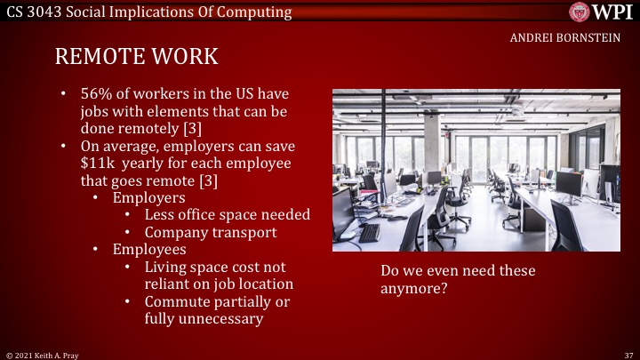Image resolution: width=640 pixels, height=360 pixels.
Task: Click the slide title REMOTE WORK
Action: coord(136,57)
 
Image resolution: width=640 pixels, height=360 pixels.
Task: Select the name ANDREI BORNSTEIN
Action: coord(564,38)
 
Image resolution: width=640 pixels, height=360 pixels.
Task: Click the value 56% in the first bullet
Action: coord(95,94)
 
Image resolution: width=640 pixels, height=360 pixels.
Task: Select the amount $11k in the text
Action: coord(100,163)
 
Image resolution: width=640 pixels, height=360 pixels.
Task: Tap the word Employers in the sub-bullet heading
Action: coord(148,197)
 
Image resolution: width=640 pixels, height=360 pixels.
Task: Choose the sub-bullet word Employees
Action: coord(149,249)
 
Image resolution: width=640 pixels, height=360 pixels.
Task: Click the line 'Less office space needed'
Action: coord(227,214)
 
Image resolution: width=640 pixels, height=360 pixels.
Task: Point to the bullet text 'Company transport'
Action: coord(210,232)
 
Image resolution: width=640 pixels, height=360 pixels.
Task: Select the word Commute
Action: coord(177,301)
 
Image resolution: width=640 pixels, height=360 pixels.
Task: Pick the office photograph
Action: coord(476,169)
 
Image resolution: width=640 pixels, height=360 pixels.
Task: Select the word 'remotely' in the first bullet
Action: coord(152,128)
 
